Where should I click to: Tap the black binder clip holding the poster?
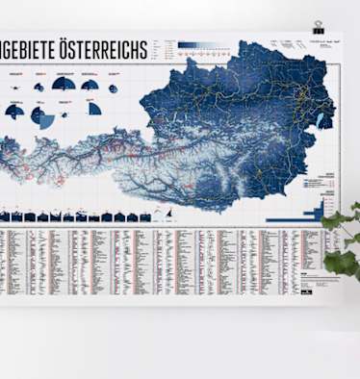(x=319, y=27)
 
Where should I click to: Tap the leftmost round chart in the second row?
(x=14, y=112)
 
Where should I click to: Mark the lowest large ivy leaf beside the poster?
(x=341, y=261)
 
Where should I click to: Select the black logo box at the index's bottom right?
(x=304, y=283)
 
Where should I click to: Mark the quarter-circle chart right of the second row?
(x=94, y=109)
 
